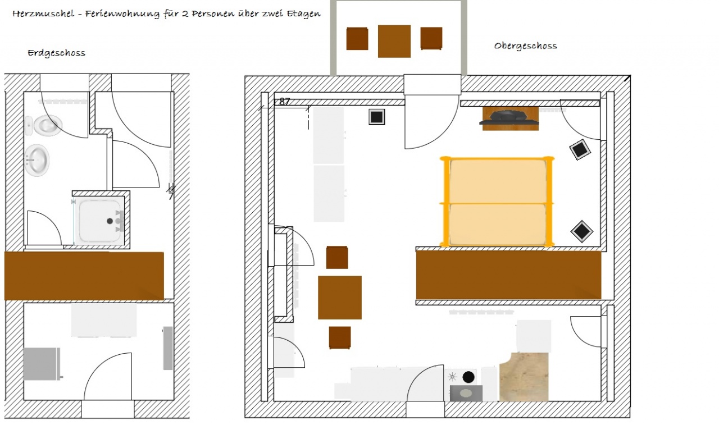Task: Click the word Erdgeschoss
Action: (x=57, y=53)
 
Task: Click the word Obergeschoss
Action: (x=525, y=45)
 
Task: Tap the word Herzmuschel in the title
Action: (x=43, y=13)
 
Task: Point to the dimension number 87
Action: (x=284, y=102)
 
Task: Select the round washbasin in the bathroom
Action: (x=37, y=160)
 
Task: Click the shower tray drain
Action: (x=110, y=221)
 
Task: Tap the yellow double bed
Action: (x=497, y=202)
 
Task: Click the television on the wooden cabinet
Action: (x=509, y=118)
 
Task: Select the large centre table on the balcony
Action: (x=394, y=42)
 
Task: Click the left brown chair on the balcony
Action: (x=357, y=39)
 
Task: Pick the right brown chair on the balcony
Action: (x=431, y=39)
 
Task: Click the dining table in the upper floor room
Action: (x=340, y=298)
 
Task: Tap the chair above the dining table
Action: (x=337, y=257)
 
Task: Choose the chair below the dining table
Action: (x=340, y=338)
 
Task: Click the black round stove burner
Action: (x=468, y=377)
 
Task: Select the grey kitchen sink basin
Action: (x=466, y=393)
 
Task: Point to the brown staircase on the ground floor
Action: (x=84, y=276)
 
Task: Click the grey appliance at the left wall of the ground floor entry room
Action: (x=42, y=364)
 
